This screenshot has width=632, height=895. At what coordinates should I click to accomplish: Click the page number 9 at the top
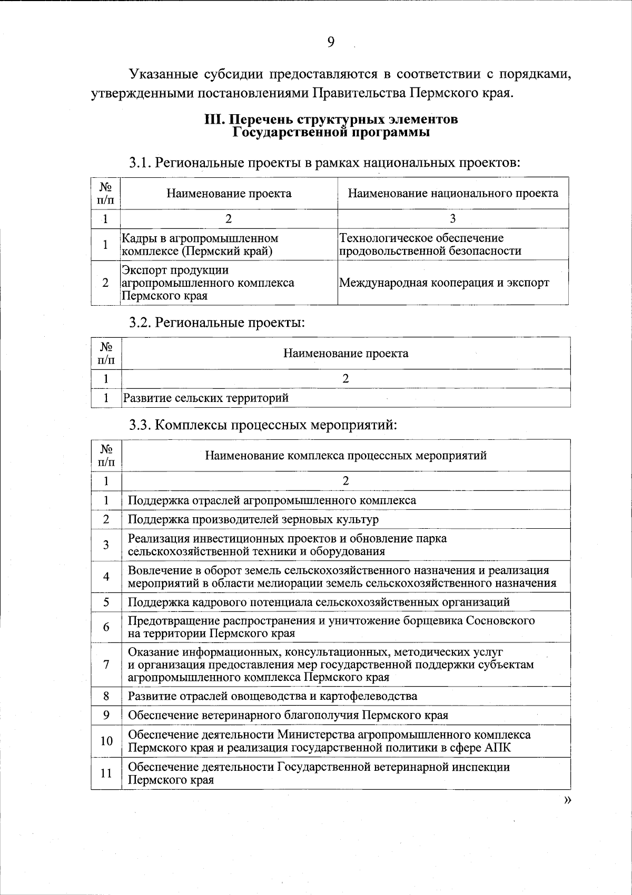(331, 42)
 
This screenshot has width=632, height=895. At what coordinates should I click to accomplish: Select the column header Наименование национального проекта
(453, 193)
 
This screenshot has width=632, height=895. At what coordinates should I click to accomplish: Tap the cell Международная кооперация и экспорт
(444, 283)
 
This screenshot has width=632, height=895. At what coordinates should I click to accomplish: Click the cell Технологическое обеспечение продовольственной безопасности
(430, 245)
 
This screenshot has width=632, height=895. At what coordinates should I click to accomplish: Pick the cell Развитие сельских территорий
(206, 398)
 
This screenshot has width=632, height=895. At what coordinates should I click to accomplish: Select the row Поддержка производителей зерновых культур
(253, 519)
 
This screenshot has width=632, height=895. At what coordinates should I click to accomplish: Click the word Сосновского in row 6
(500, 620)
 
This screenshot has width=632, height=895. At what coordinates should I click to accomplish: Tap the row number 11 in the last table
(106, 773)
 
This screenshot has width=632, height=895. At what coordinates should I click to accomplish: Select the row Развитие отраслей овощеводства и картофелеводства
(273, 696)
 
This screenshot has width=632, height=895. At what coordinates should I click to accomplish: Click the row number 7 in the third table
(106, 665)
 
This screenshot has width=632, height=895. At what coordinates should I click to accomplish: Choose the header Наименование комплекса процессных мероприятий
(345, 455)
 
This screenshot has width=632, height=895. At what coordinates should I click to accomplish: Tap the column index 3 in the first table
(453, 218)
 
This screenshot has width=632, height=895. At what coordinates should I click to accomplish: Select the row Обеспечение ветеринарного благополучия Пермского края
(288, 715)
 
